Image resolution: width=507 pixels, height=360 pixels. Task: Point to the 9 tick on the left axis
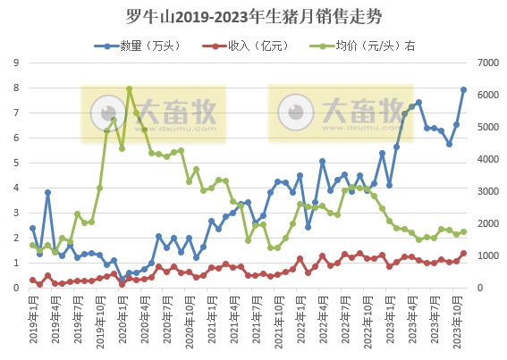16,63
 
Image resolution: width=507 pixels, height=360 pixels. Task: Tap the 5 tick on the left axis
16,163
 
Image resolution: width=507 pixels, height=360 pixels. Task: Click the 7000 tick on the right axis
486,63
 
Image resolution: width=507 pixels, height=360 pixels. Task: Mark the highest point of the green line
130,88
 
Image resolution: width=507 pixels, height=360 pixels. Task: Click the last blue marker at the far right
464,89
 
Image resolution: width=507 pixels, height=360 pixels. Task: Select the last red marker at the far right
464,253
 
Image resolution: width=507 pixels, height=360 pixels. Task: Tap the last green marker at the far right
464,231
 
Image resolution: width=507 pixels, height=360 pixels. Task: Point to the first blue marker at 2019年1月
32,228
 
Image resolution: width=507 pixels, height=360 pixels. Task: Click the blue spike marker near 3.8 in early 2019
47,192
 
